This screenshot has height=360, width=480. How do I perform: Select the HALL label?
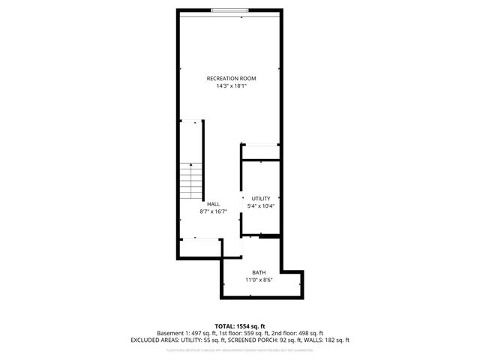(214, 204)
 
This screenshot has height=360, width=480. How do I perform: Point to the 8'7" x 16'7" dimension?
(214, 212)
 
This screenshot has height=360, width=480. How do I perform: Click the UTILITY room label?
(260, 198)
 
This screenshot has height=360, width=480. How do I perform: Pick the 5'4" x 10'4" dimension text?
(260, 206)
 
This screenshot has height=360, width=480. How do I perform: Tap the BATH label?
(259, 272)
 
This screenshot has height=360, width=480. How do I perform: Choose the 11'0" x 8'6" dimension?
(259, 280)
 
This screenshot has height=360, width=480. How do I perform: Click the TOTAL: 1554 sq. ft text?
(240, 325)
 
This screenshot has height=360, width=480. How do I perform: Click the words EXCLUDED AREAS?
(154, 340)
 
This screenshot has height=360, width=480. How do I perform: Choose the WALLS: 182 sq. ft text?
(328, 340)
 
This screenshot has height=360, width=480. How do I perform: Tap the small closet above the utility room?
(260, 151)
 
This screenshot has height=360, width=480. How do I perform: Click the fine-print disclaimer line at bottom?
(240, 349)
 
